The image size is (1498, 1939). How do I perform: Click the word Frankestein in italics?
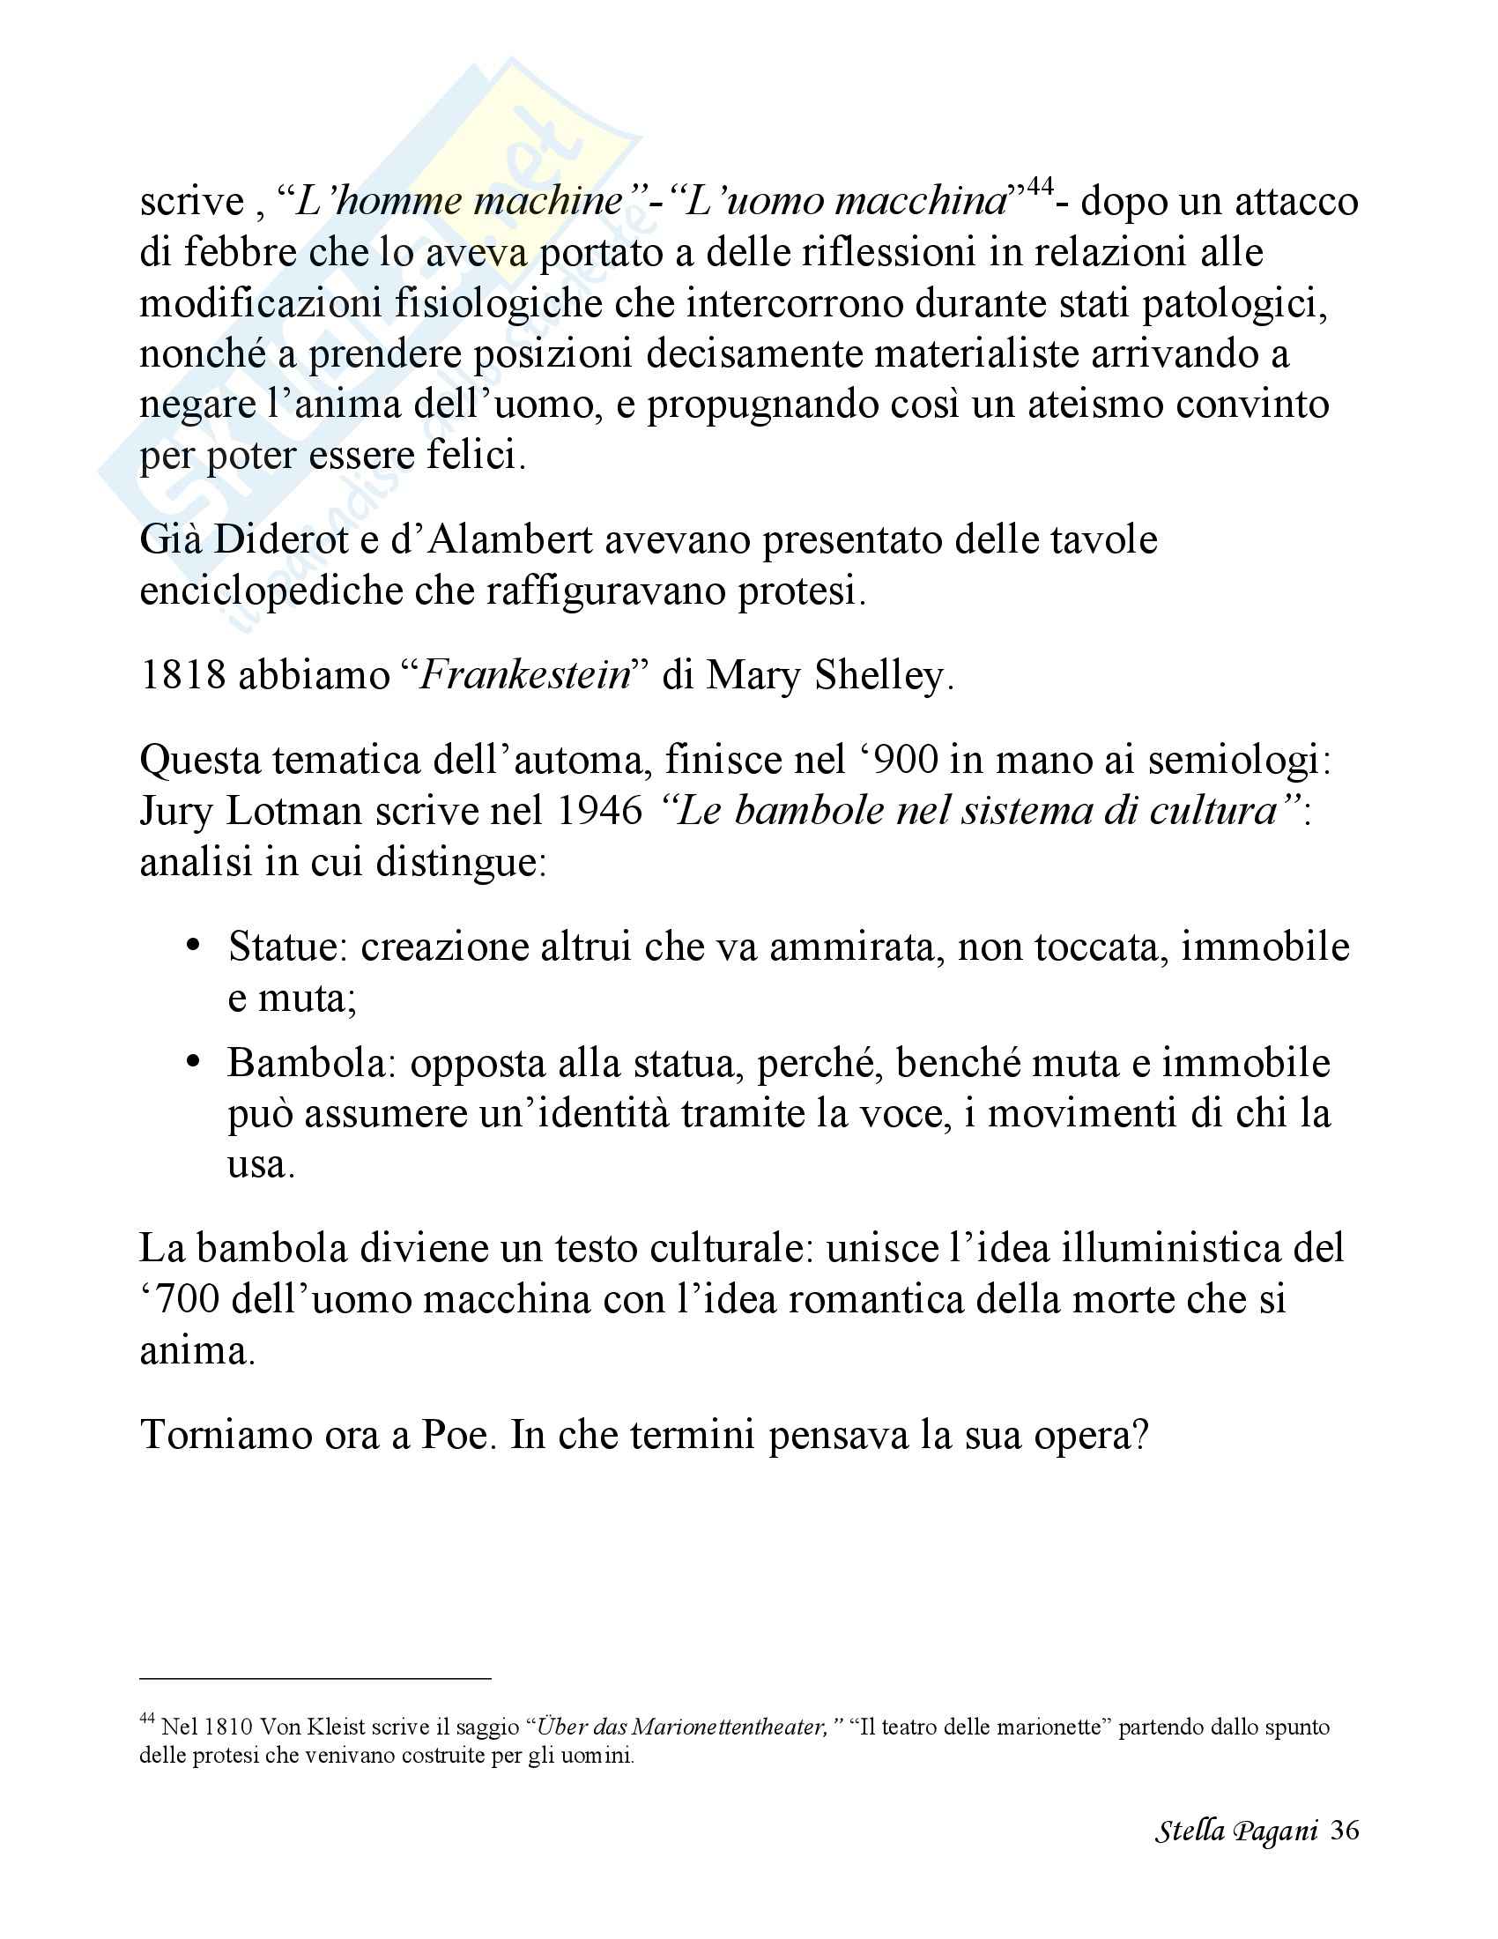click(524, 676)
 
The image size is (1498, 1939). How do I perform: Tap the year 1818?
click(182, 676)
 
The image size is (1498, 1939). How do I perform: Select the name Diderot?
click(281, 539)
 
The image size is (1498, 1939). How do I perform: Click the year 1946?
click(600, 811)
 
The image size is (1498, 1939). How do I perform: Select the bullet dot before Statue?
click(194, 946)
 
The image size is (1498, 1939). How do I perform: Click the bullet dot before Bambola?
click(194, 1062)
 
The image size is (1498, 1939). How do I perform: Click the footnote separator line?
click(315, 1679)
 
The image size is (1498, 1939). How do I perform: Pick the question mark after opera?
click(1139, 1435)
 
